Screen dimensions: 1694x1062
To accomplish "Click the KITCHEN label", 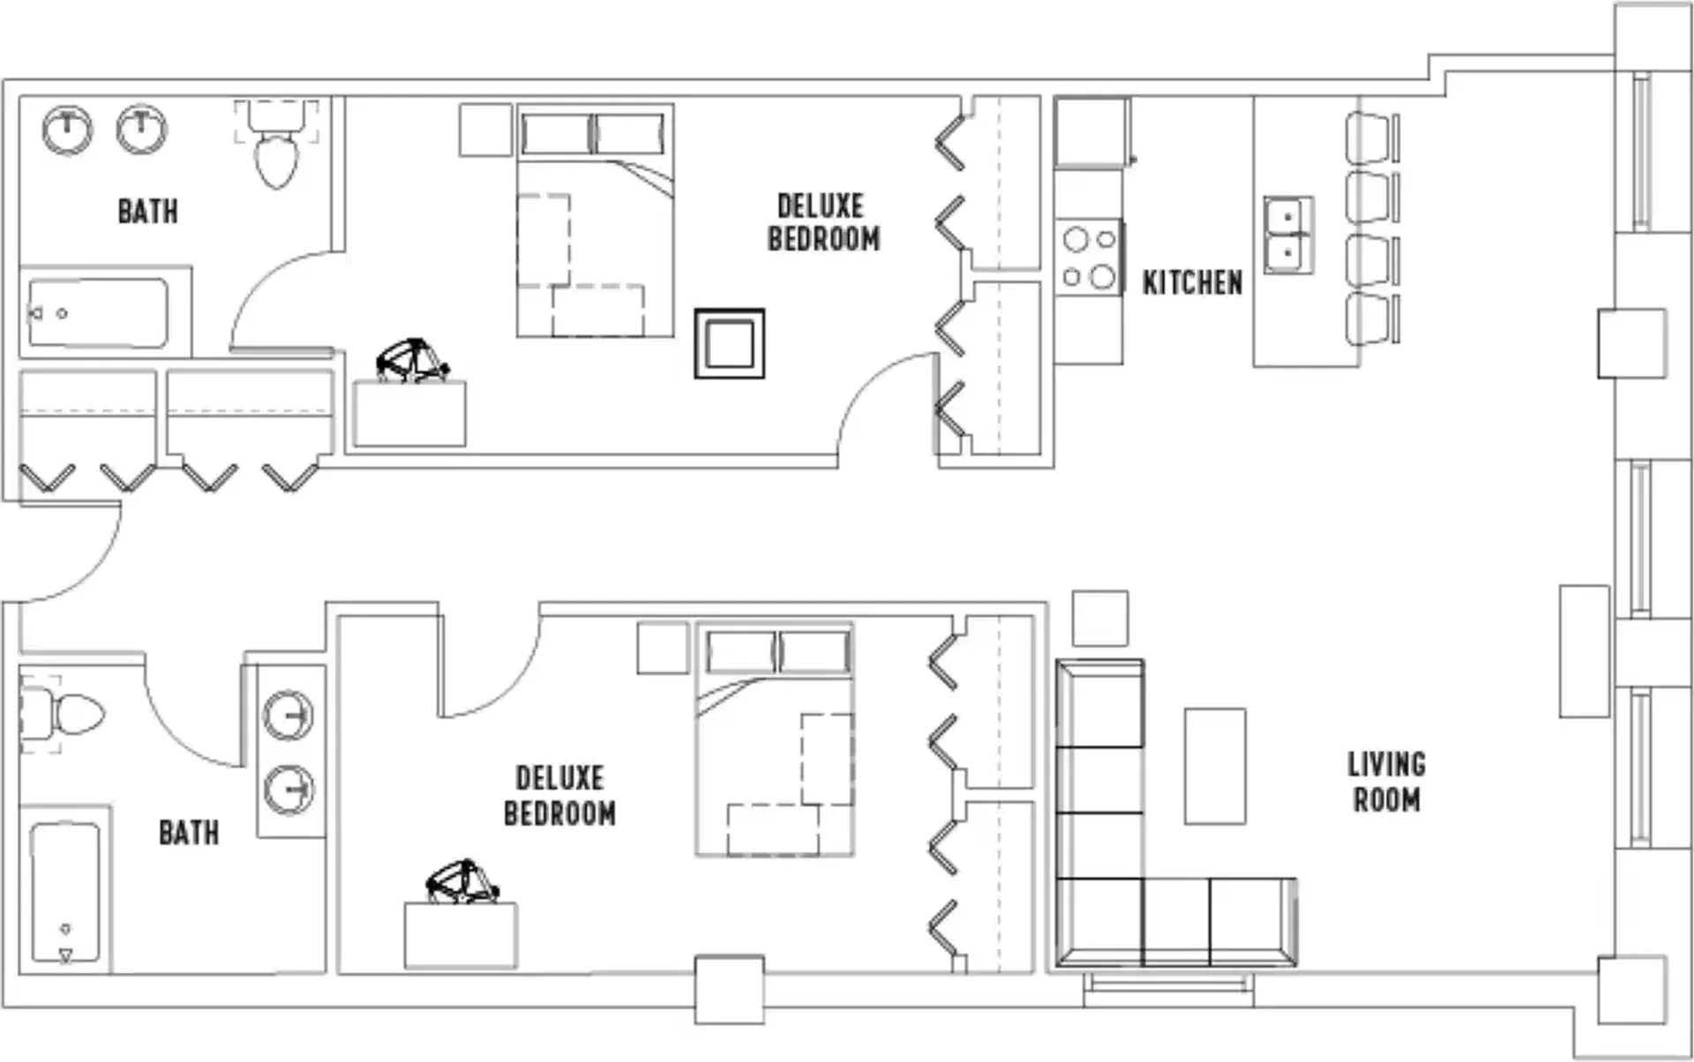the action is (1192, 283).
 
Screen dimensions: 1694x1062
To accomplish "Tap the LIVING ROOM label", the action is (1386, 782).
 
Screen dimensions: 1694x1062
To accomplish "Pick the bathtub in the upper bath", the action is (98, 313).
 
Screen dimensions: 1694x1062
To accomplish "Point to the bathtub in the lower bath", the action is (65, 892).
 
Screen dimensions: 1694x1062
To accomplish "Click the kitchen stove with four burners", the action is (1089, 258).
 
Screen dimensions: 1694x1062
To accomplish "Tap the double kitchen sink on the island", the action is (1288, 235).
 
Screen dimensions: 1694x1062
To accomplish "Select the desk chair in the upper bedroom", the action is (412, 360).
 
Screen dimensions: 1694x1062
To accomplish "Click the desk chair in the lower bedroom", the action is (462, 881).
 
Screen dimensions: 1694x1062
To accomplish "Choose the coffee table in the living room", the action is (1215, 766).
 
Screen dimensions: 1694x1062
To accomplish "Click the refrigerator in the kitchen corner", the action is (1092, 132).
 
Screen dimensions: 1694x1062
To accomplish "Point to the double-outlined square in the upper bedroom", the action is (730, 343).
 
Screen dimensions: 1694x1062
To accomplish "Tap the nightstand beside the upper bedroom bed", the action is (485, 131).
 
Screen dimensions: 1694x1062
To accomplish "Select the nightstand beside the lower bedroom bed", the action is (663, 648).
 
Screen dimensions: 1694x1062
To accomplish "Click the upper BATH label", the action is (147, 212).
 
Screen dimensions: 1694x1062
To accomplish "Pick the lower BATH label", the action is (189, 833).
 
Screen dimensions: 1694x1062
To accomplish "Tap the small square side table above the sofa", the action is (1100, 618).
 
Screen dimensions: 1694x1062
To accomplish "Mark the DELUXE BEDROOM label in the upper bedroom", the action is (823, 222).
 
